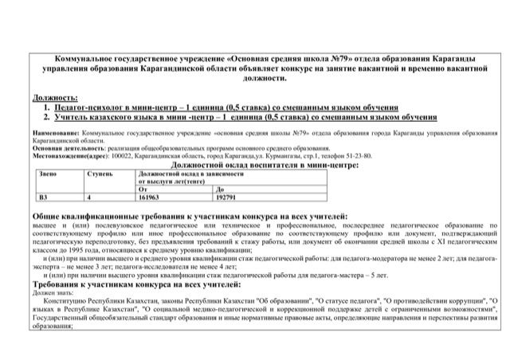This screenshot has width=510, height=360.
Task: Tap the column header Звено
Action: pyautogui.click(x=48, y=173)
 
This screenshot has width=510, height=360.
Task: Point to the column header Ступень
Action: pyautogui.click(x=99, y=173)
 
